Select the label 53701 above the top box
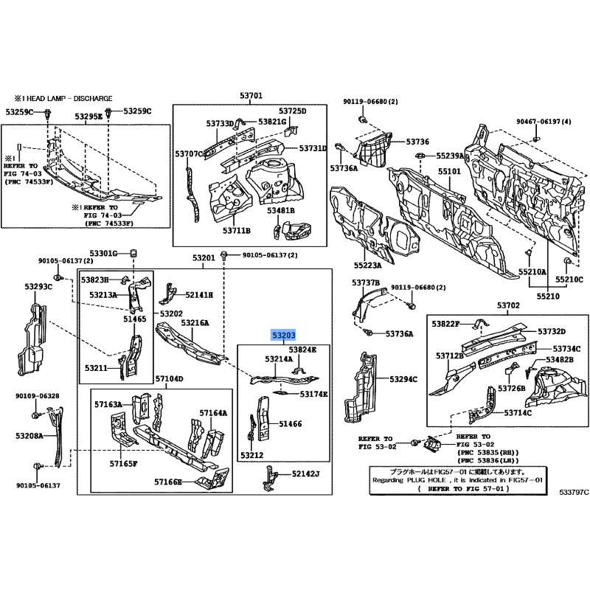(x=251, y=96)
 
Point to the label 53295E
(x=88, y=117)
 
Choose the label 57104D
(x=169, y=379)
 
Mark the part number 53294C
(x=403, y=379)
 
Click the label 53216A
(x=195, y=323)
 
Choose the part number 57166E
(x=169, y=482)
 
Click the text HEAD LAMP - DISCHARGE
(x=71, y=97)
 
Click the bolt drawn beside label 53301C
(x=135, y=254)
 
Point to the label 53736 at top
(x=417, y=142)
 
